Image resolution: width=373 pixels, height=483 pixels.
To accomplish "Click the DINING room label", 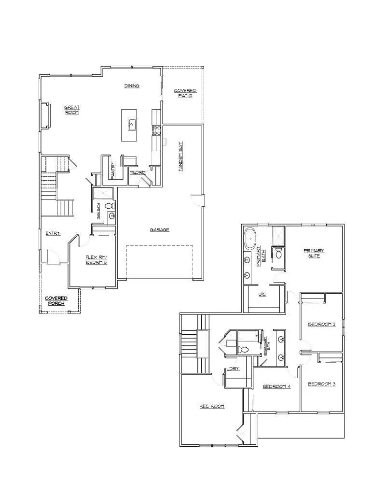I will click(132, 86).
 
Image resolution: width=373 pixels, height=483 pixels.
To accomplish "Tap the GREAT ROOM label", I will click(71, 110).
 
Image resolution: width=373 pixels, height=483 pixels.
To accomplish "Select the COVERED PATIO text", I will click(185, 93).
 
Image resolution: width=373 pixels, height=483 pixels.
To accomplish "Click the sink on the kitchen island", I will click(131, 124).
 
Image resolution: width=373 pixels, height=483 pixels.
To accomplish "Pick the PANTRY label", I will click(113, 170).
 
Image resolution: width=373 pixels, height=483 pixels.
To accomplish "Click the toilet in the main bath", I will click(111, 206).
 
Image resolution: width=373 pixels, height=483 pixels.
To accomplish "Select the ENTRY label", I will click(53, 233).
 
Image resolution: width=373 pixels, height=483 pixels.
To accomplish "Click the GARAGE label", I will click(159, 229).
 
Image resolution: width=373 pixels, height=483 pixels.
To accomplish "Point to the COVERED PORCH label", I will click(56, 301).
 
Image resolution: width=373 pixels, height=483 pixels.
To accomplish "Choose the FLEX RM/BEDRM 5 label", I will click(96, 259).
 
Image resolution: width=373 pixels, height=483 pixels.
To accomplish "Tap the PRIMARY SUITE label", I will click(314, 253).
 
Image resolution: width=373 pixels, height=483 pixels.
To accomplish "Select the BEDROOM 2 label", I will click(321, 324).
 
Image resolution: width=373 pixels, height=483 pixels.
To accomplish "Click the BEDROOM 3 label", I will click(321, 384).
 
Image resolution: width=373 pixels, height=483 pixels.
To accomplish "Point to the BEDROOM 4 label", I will click(276, 386).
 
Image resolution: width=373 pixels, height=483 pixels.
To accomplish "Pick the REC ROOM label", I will click(212, 406).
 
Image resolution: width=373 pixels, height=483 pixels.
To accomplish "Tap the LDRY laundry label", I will click(233, 369).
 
